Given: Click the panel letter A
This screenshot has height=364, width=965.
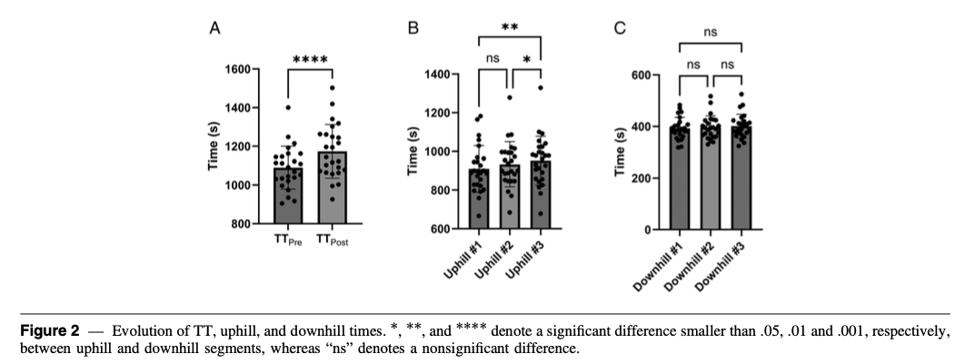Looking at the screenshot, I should [215, 29].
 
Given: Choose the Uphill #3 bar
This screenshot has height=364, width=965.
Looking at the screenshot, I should [541, 194].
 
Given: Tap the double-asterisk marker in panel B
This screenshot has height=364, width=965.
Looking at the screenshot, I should [510, 28].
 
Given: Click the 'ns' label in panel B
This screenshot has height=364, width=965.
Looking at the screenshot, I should [493, 59].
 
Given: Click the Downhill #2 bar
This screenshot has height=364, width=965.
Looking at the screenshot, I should [711, 178].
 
